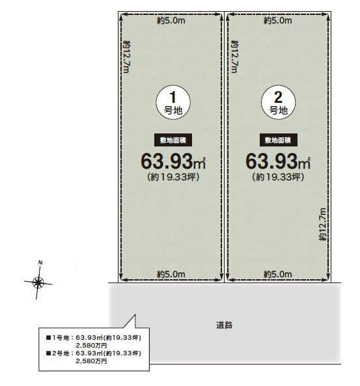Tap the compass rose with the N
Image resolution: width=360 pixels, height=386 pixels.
point(38,281)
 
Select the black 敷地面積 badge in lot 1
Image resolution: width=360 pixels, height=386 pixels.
point(173,140)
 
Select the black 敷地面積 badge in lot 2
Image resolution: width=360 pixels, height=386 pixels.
point(278,140)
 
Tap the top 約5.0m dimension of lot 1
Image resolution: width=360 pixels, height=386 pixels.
point(171,21)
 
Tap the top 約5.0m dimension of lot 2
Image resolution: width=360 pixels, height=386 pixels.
point(277,21)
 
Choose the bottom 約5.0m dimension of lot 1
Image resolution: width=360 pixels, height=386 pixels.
point(171,273)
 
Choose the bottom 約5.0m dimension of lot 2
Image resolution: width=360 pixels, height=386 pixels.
point(277,273)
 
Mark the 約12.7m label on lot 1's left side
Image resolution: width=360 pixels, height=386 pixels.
point(128,56)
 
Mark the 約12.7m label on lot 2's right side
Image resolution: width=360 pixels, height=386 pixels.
point(322,224)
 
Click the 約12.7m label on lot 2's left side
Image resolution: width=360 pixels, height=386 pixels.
point(234,56)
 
